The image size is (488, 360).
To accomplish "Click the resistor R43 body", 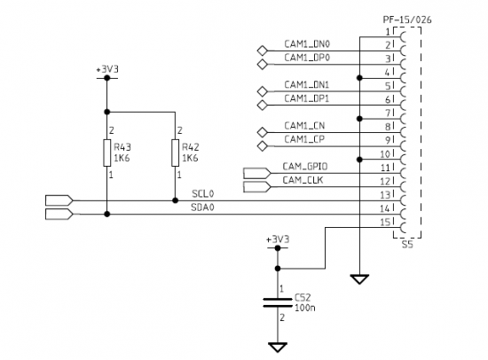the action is (x=107, y=153).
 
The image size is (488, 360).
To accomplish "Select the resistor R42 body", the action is (x=175, y=153).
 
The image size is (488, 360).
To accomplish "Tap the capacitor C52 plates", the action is (x=278, y=302).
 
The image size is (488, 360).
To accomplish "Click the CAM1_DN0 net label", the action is (x=307, y=44).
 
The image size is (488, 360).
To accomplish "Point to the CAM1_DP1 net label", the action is (x=307, y=98).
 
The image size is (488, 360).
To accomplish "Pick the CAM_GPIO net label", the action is (x=305, y=167).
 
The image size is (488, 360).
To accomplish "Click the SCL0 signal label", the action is (x=203, y=194).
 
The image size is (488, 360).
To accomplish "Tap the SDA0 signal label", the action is (x=202, y=207).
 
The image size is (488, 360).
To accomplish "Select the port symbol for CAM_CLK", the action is (x=257, y=187).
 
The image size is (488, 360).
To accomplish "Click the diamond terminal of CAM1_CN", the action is (x=263, y=132).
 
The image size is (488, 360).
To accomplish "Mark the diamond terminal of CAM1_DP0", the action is (x=263, y=64).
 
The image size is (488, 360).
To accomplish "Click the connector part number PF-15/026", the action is (x=407, y=20).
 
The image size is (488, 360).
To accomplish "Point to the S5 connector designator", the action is (x=407, y=245).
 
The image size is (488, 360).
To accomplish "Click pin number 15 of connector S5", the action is (x=385, y=223).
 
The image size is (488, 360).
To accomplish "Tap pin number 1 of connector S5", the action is (x=388, y=32).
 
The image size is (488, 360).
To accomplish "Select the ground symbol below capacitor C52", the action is (x=278, y=348).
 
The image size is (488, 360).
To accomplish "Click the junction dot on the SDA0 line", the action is (x=107, y=214).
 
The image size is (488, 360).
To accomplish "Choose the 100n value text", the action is (x=305, y=308).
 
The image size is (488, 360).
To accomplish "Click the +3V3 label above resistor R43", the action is (x=107, y=69).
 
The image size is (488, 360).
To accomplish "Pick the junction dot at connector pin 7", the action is (x=359, y=119).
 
